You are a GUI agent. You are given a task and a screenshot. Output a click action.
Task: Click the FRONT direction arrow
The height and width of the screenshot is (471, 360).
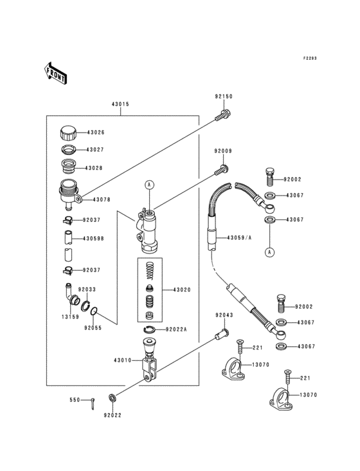pyautogui.click(x=55, y=73)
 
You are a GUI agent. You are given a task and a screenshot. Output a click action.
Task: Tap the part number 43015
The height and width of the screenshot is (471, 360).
pyautogui.click(x=120, y=104)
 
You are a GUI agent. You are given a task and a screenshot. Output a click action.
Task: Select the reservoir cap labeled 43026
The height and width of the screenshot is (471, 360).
pyautogui.click(x=68, y=133)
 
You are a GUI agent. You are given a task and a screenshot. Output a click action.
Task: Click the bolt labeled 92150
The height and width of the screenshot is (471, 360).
pyautogui.click(x=223, y=115)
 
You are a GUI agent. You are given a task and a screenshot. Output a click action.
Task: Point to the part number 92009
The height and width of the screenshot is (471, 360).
pyautogui.click(x=223, y=151)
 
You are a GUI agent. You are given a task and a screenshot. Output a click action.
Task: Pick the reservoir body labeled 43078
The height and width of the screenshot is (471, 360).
pyautogui.click(x=69, y=195)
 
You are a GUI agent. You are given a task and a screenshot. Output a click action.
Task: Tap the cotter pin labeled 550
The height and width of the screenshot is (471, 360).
pyautogui.click(x=93, y=403)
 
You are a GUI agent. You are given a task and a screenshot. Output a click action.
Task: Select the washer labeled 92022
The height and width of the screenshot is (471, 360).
pyautogui.click(x=113, y=399)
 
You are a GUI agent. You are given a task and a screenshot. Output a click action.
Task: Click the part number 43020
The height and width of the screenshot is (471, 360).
pyautogui.click(x=182, y=290)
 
